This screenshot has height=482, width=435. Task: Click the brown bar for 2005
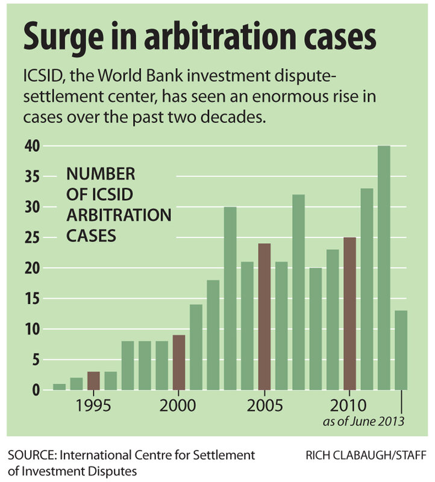[x=264, y=316]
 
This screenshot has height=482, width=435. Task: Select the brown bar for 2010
[x=350, y=313]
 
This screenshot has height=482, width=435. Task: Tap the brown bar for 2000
[x=179, y=362]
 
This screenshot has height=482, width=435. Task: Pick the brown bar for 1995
[x=93, y=381]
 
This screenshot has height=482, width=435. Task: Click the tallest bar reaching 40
[x=384, y=268]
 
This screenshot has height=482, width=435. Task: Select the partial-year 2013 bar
[x=401, y=350]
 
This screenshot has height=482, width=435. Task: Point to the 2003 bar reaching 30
[x=230, y=298]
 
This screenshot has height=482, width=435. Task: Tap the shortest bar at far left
[x=59, y=387]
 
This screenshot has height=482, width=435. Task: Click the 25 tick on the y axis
[x=32, y=237]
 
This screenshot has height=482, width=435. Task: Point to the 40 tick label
[x=32, y=146]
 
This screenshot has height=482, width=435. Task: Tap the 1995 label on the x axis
[x=93, y=405]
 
